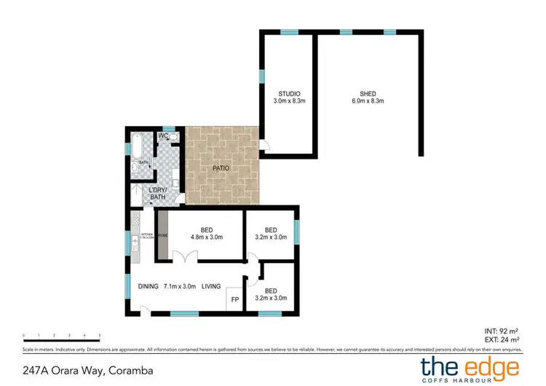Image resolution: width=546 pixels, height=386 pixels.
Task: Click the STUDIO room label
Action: tap(289, 93)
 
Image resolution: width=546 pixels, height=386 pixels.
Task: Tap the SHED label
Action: tap(368, 93)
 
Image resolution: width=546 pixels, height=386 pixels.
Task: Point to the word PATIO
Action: tap(222, 168)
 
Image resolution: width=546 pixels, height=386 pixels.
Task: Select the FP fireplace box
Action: tap(235, 299)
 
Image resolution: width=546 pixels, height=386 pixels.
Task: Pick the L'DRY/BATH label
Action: tap(157, 194)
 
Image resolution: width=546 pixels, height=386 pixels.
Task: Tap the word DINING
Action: tap(148, 286)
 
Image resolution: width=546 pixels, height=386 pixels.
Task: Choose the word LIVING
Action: tap(211, 286)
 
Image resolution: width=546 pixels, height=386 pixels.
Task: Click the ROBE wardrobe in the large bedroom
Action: tap(162, 236)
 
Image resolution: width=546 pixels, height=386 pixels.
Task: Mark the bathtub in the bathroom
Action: tap(136, 149)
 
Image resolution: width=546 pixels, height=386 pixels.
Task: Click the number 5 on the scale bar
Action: tap(99, 336)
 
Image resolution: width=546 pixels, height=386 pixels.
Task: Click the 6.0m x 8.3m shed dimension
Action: tap(368, 101)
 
